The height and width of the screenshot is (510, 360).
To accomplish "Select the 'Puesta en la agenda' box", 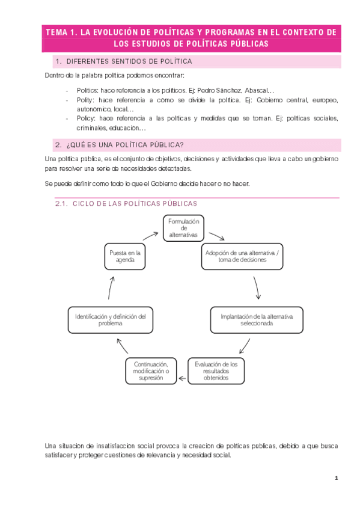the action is click(x=125, y=257).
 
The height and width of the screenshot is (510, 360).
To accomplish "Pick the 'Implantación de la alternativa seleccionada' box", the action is click(x=257, y=320).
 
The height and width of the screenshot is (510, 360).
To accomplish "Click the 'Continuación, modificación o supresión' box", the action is click(x=151, y=372).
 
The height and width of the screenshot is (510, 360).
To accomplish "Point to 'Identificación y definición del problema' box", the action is click(x=111, y=320).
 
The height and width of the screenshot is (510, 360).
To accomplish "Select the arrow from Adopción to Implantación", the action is click(x=258, y=288).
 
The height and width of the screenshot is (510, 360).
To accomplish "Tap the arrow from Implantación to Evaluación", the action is click(x=243, y=346).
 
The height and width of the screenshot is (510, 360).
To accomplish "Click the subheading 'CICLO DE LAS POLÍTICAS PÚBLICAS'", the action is click(x=135, y=204).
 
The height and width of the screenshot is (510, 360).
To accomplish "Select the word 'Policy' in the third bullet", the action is click(x=87, y=118).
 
